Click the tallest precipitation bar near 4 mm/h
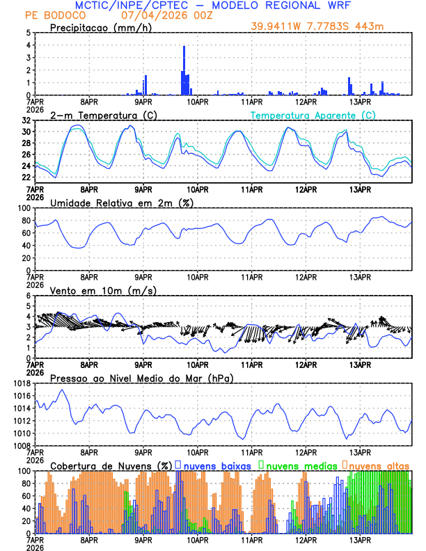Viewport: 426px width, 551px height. coord(184,70)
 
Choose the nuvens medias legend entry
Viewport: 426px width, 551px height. coord(298,465)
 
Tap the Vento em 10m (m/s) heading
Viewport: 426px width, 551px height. coord(103,290)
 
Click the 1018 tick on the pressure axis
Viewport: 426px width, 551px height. coord(23,383)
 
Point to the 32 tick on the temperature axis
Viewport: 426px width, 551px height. coord(26,120)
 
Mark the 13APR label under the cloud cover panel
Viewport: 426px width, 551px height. coord(360,539)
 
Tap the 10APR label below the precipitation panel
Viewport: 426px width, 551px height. coord(197,101)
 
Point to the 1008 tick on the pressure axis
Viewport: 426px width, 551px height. coord(23,445)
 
